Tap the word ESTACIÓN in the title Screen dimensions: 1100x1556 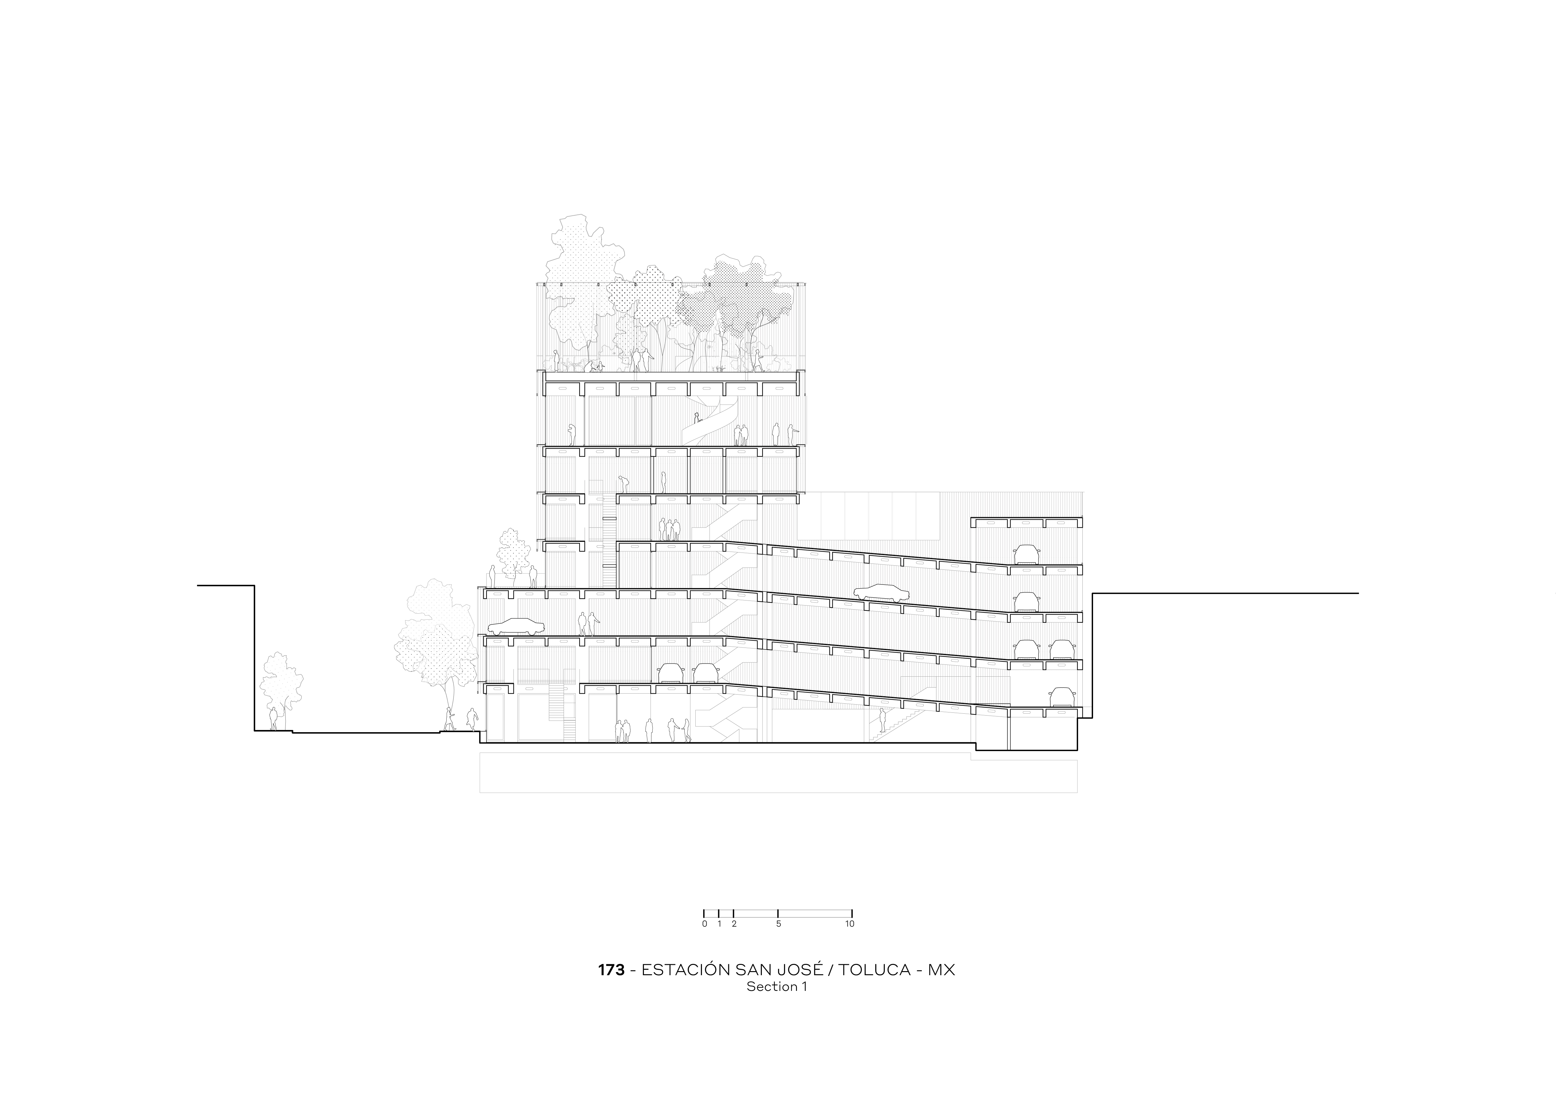pos(686,970)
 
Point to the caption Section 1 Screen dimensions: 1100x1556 pos(777,987)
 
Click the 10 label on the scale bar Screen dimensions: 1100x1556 pos(850,924)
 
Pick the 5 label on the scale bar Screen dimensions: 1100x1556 pos(778,924)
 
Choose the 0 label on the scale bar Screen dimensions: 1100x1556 pos(704,924)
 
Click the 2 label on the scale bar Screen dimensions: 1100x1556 pos(734,924)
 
